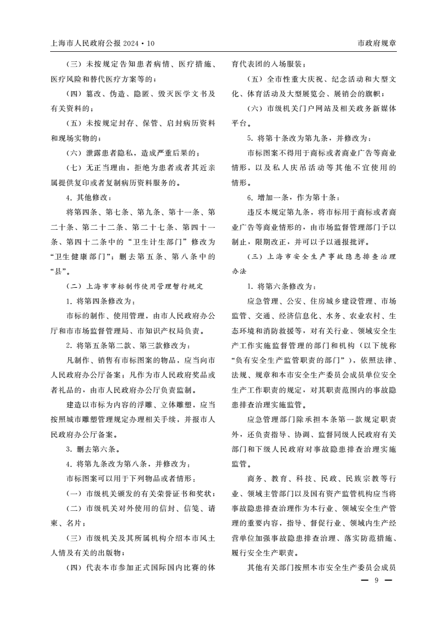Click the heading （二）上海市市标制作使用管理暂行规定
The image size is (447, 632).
pyautogui.click(x=134, y=286)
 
